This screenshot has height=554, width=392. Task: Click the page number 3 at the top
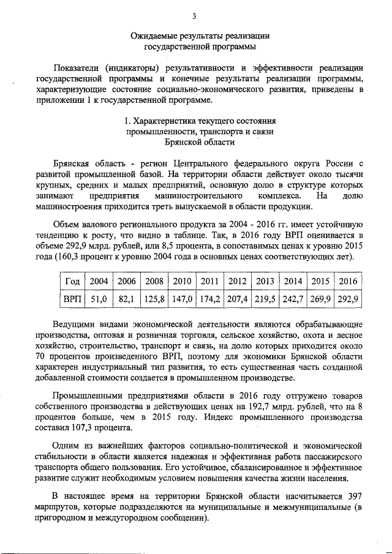tap(194, 15)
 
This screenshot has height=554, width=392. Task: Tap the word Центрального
tap(201, 164)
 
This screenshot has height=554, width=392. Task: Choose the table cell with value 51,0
tap(99, 299)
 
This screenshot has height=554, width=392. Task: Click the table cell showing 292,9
tap(347, 299)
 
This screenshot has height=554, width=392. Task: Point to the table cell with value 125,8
tap(154, 299)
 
